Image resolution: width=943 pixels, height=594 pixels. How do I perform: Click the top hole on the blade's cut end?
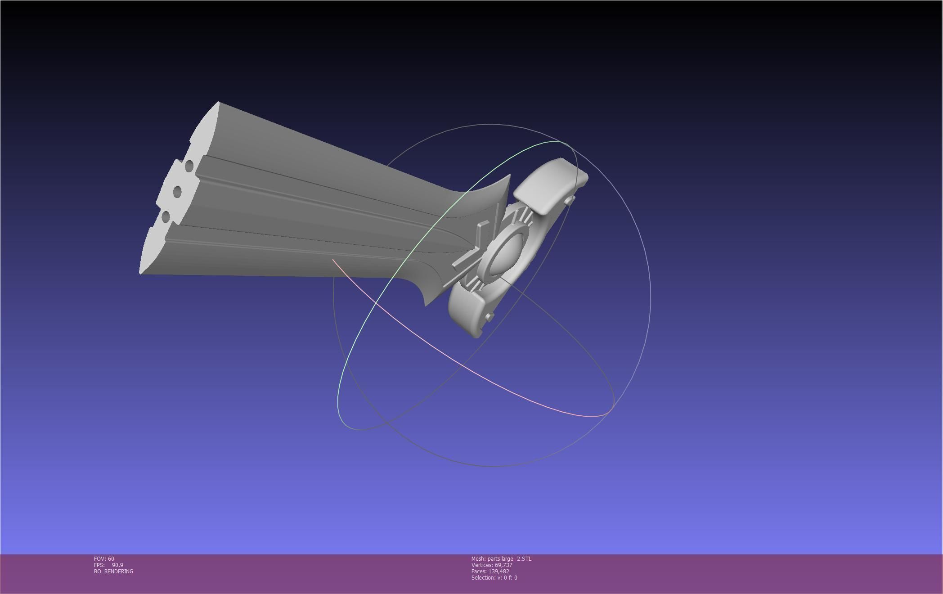click(189, 166)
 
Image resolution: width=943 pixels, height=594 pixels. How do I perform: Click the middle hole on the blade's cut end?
click(177, 192)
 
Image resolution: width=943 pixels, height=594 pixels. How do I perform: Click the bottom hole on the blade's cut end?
click(166, 217)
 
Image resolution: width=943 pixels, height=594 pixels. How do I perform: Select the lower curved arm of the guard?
click(468, 310)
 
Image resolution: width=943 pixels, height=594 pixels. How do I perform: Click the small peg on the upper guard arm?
click(570, 199)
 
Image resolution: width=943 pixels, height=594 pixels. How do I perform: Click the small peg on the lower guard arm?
click(489, 317)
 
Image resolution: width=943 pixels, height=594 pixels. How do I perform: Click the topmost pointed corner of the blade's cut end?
click(218, 103)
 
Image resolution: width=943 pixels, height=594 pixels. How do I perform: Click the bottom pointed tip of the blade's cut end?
click(140, 273)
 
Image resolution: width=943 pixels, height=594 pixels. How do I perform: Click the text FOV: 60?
click(104, 559)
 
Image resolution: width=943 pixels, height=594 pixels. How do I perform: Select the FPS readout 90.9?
click(117, 565)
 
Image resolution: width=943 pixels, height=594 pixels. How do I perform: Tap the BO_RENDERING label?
click(113, 571)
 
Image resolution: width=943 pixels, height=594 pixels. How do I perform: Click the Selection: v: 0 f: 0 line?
click(494, 578)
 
